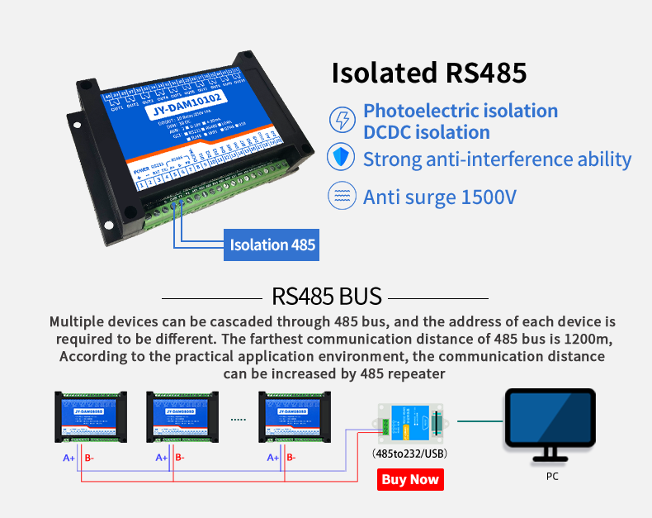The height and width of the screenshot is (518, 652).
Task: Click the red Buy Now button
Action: (x=410, y=479)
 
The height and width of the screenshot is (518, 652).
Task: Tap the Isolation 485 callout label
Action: (x=272, y=245)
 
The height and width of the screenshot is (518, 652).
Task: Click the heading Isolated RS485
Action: (x=428, y=73)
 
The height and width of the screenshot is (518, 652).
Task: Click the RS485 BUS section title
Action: (x=326, y=296)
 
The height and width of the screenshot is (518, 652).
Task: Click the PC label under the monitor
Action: (x=552, y=477)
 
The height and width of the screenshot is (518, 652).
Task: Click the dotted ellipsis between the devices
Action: (x=239, y=420)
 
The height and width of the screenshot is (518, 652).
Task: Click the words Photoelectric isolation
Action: (x=461, y=111)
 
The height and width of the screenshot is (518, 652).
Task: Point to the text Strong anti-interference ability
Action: (x=497, y=159)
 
